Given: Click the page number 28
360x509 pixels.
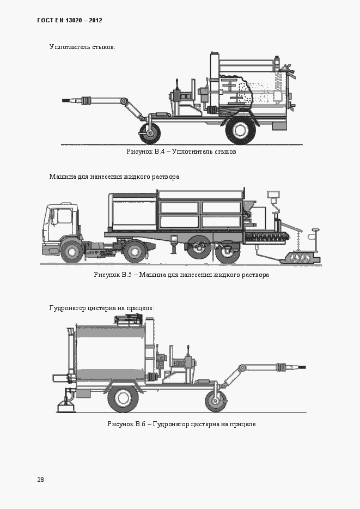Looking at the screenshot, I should click(41, 480).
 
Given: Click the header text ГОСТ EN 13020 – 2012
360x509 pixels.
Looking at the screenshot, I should click(70, 21).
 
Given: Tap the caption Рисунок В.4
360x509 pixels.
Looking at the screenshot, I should click(181, 152).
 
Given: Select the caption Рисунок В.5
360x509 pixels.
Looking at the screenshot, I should click(181, 275).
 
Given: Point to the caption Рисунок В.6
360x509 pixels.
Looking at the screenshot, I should click(181, 424).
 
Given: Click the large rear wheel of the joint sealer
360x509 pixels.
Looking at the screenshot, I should click(240, 130).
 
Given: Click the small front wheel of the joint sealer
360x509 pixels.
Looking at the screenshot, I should click(150, 132).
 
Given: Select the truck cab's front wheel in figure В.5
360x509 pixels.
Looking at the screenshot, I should click(71, 252).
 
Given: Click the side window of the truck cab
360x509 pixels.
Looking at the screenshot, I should click(64, 216).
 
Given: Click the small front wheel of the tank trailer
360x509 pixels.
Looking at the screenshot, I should click(216, 400).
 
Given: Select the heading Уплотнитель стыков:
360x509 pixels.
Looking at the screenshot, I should click(82, 47).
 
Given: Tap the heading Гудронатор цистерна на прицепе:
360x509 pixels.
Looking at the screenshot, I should click(101, 308).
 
